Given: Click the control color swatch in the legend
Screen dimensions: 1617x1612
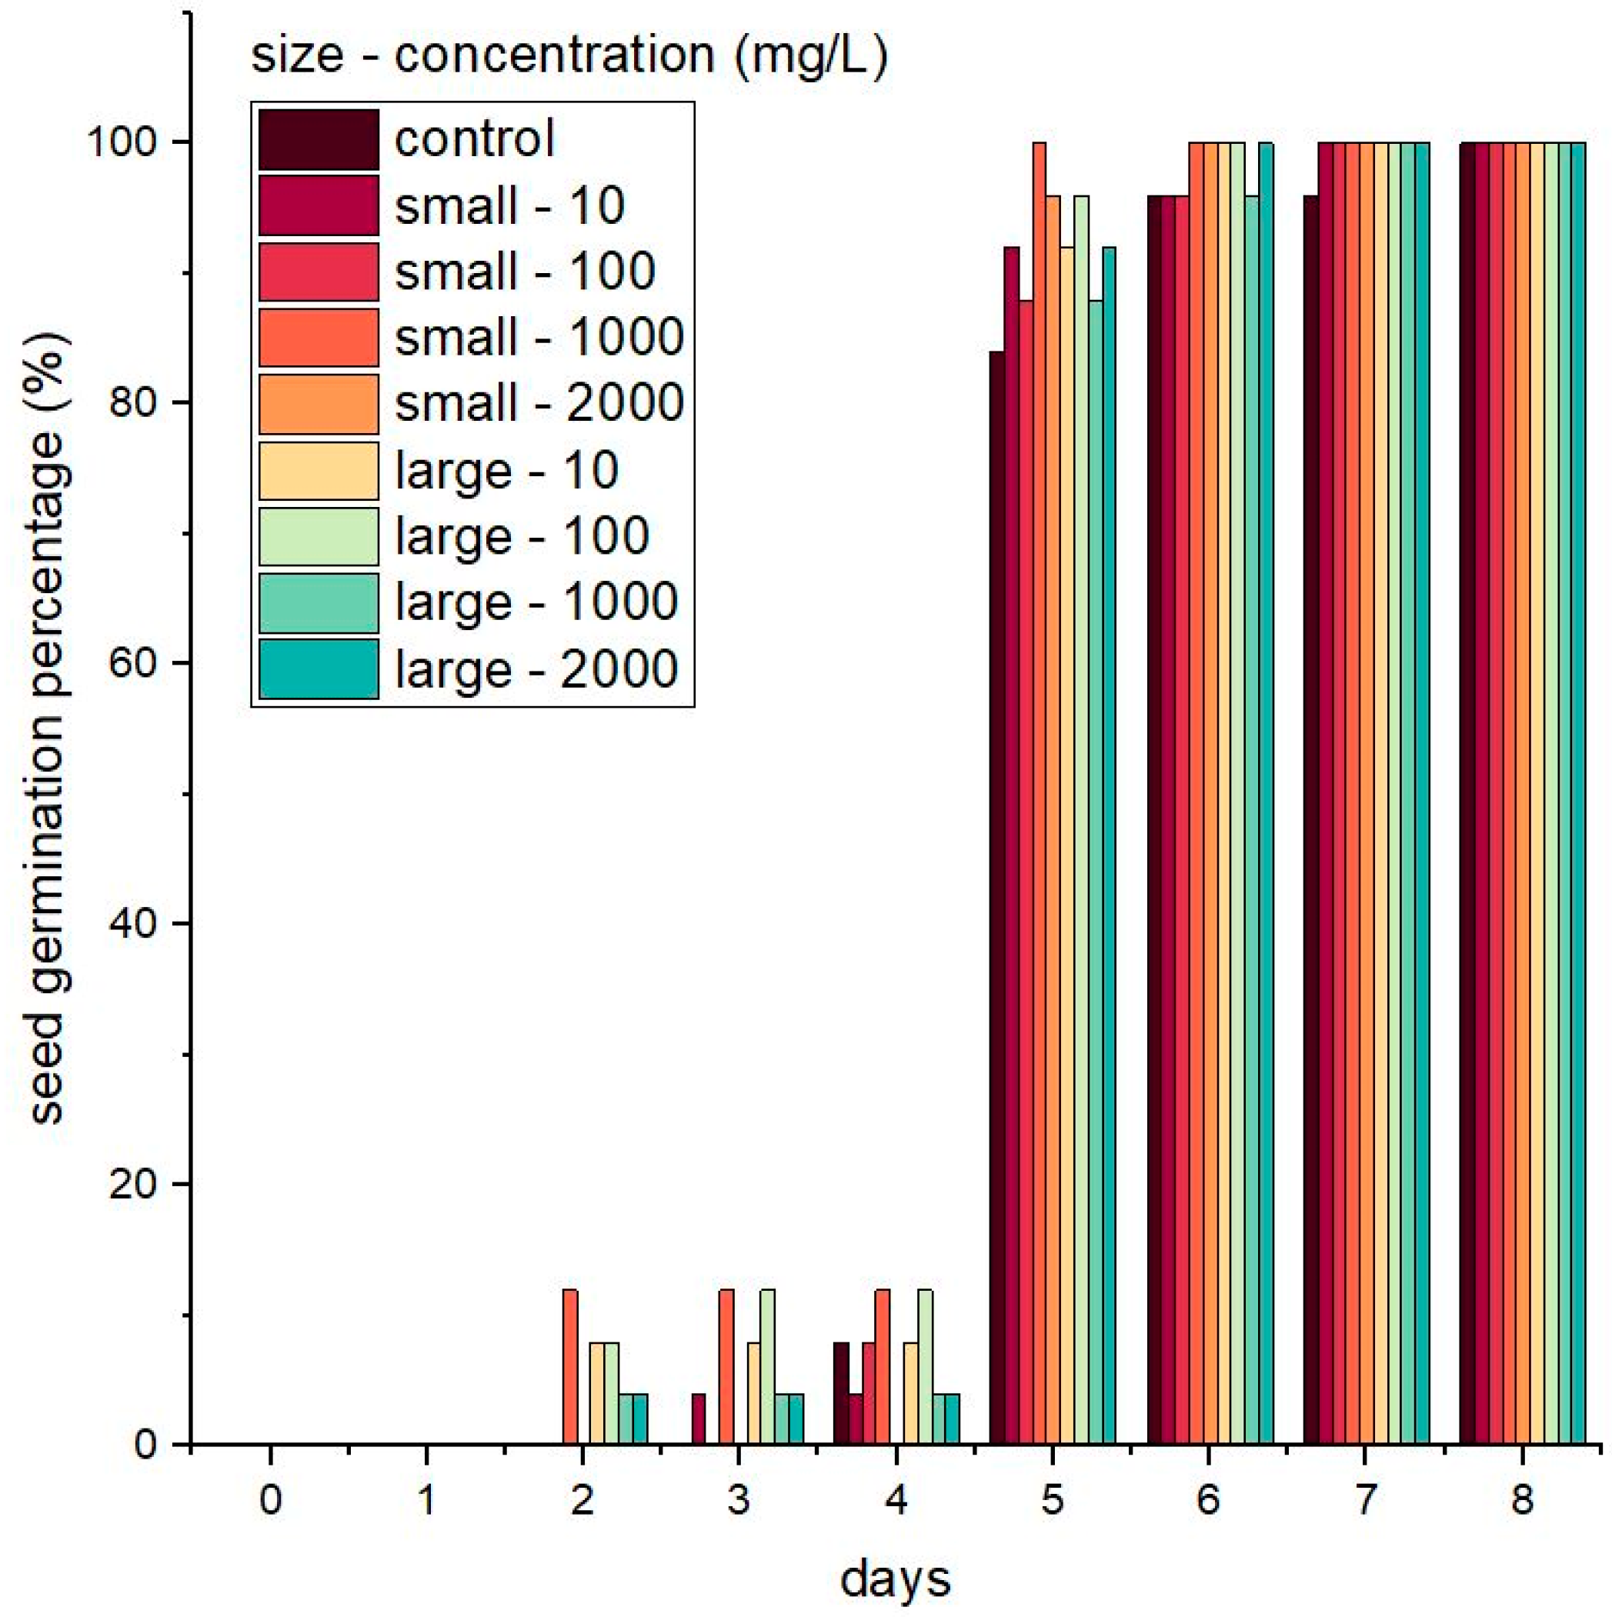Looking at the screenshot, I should coord(318,139).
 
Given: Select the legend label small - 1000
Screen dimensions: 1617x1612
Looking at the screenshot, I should coord(539,337).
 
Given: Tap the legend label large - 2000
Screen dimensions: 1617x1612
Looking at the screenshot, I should coord(536,668).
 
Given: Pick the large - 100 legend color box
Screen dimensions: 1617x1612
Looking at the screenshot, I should coord(318,535).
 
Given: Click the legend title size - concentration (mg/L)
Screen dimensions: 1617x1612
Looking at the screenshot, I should coord(569,55).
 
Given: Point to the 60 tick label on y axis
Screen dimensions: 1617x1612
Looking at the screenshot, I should coord(134,663).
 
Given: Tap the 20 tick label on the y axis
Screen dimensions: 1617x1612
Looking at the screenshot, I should coord(134,1185).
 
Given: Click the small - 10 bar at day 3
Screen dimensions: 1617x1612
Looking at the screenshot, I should coord(699,1419).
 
